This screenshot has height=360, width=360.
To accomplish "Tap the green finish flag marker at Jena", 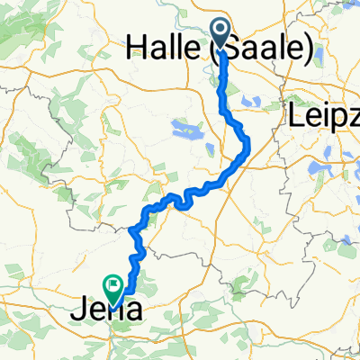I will tap(114, 286).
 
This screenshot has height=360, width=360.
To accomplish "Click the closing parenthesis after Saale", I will tap(310, 50).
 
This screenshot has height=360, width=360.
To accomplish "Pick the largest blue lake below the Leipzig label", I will tap(320, 171).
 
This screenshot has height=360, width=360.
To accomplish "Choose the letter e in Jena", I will tap(94, 312).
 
